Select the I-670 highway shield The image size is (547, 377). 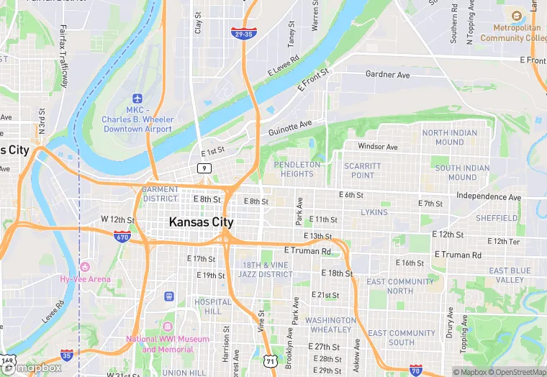point(122,235)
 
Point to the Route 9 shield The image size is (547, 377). point(205,168)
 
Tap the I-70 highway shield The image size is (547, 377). point(415,370)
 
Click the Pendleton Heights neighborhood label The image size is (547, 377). point(297,169)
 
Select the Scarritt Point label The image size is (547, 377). point(362,171)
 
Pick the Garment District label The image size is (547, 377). point(161,194)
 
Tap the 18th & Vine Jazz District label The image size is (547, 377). point(266,270)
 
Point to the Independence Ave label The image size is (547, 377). point(489,196)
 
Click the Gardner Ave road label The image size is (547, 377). point(387,74)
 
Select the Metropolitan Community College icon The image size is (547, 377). point(516,16)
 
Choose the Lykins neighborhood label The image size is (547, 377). point(374,212)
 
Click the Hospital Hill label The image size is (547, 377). point(213,306)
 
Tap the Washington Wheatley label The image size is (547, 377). point(330,325)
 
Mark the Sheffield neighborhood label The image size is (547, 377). point(497,218)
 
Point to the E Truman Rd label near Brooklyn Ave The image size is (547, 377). point(307,250)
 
